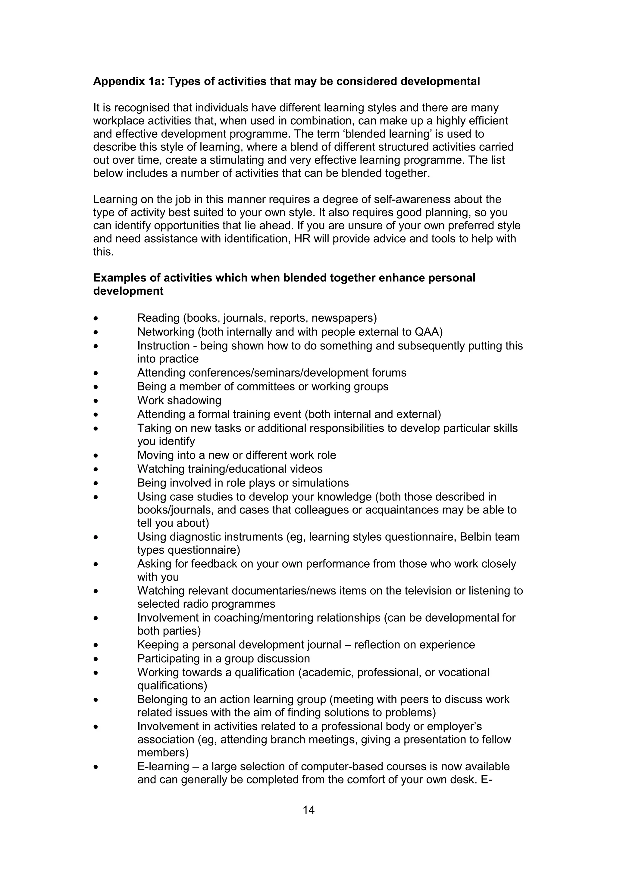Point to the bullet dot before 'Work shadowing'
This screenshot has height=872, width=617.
tap(96, 401)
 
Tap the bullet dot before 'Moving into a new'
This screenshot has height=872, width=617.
tap(96, 456)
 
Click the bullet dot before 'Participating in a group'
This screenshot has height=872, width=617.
tap(96, 659)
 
